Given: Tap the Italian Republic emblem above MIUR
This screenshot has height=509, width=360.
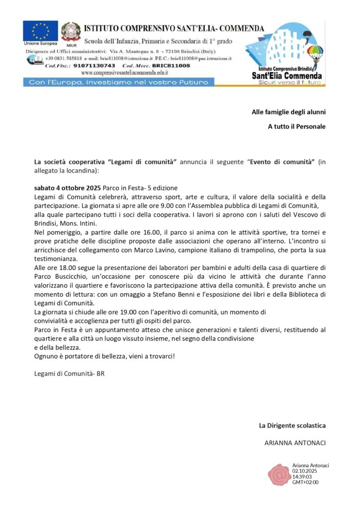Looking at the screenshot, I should (x=71, y=31).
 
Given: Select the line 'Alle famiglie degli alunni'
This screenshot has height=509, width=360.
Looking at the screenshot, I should (x=288, y=112).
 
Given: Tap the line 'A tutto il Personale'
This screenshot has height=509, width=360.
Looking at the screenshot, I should (x=296, y=126).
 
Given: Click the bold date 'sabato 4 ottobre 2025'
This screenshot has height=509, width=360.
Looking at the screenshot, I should (x=67, y=188).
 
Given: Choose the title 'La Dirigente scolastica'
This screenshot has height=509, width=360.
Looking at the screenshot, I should (x=292, y=425).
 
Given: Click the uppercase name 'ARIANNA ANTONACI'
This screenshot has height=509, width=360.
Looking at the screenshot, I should (x=295, y=442).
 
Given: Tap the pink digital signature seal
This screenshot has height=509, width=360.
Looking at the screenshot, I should (x=279, y=474).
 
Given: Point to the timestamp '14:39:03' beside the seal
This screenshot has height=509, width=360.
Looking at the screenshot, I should (x=302, y=476).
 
